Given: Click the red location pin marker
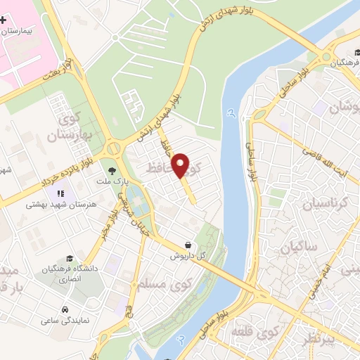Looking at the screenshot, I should point(182,165).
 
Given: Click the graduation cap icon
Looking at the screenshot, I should point(68,259).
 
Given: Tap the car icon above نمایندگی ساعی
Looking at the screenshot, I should point(65,309).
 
